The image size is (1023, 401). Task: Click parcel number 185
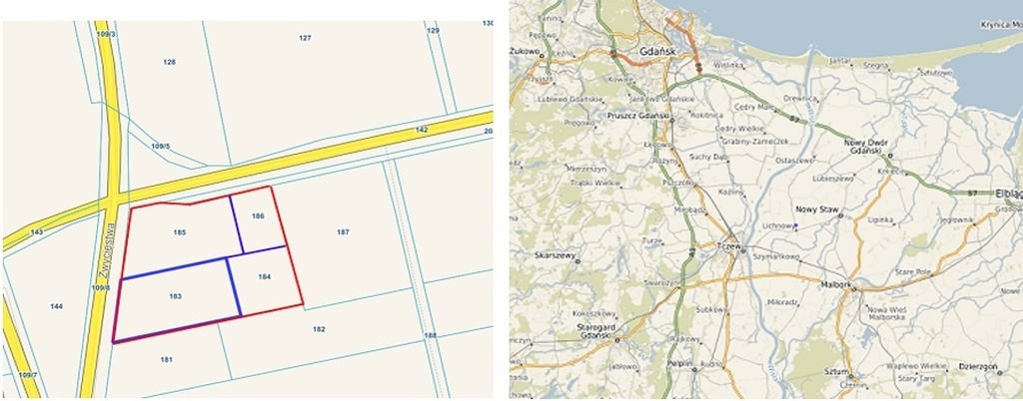click(180, 232)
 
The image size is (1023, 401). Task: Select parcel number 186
click(258, 216)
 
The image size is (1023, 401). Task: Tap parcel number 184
click(265, 276)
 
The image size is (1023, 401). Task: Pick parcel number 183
click(175, 296)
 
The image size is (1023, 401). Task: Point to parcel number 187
click(343, 232)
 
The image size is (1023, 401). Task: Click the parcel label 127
click(306, 37)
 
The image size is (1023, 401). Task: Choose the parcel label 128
click(170, 62)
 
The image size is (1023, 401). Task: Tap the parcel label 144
click(57, 306)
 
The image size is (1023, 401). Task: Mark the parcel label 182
click(319, 328)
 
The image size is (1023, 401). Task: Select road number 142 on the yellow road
click(422, 130)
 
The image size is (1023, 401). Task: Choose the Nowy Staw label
click(814, 208)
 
